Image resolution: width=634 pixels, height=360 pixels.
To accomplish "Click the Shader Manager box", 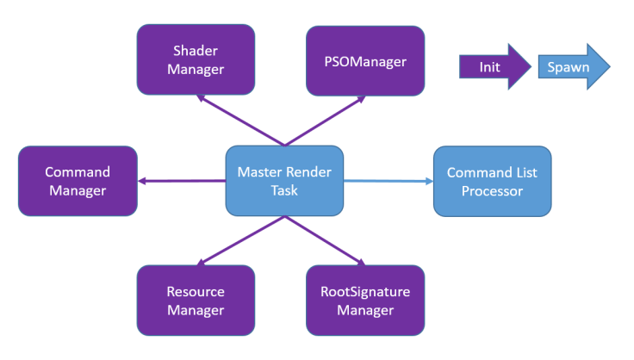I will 196,59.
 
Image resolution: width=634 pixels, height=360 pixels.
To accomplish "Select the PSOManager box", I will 365,60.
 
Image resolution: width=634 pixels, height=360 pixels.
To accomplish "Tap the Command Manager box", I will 78,181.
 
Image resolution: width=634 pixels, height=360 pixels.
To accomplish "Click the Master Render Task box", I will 284,181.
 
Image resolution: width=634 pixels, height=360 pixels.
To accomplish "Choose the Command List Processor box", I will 492,181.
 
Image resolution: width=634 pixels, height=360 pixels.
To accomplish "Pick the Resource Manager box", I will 196,301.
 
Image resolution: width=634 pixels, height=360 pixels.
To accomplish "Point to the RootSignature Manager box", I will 365,301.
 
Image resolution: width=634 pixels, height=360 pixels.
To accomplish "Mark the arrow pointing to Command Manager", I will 181,181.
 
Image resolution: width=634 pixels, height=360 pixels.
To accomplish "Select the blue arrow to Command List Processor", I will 388,181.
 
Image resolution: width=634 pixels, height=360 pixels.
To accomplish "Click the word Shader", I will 196,51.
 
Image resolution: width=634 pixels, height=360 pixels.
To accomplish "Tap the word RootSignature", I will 365,292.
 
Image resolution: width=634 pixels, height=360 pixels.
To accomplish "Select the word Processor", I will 492,190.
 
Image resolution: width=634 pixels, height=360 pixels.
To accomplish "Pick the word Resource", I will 196,292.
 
